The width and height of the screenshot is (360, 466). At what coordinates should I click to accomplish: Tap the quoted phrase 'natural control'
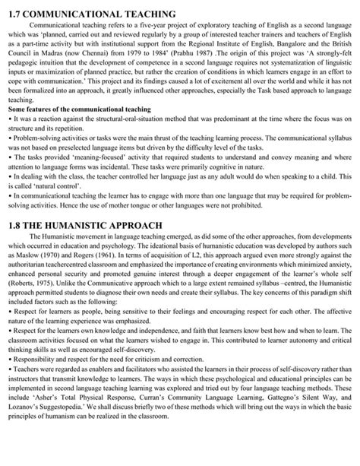(55, 189)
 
